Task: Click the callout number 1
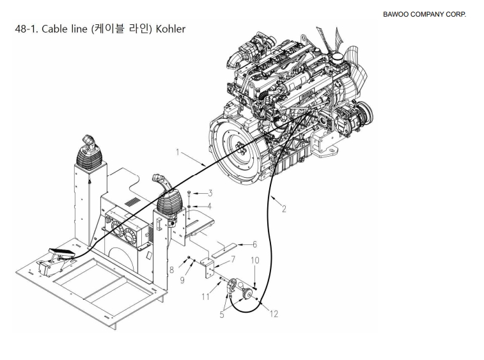(x=178, y=152)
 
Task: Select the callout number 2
(x=284, y=209)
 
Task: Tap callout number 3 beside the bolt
(x=210, y=193)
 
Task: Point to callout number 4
(x=209, y=206)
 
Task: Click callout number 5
(x=222, y=315)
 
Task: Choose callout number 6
(x=254, y=244)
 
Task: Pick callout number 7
(x=233, y=260)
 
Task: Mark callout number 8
(x=172, y=270)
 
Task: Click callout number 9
(x=182, y=280)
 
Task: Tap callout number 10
(x=255, y=260)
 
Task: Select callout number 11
(x=206, y=297)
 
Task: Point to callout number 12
(x=274, y=314)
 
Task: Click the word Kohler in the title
(x=170, y=29)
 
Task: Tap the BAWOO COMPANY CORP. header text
(x=425, y=14)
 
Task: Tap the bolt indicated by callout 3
(x=189, y=194)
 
